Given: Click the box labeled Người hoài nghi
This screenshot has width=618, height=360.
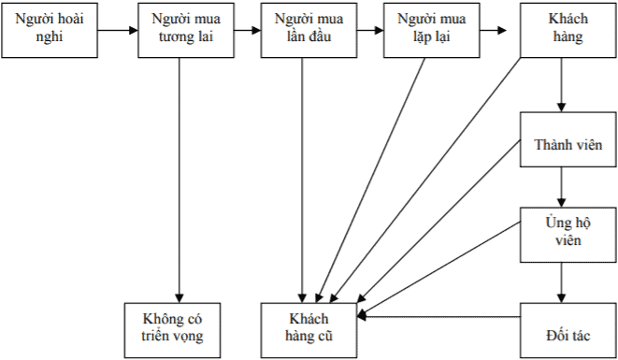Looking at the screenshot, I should pos(48,30).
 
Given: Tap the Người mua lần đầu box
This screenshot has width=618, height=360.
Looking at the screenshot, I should pos(302,30).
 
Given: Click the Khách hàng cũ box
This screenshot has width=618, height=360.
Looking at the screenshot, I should pos(309,330).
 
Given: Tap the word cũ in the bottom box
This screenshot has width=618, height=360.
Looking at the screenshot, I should pos(323,338).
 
